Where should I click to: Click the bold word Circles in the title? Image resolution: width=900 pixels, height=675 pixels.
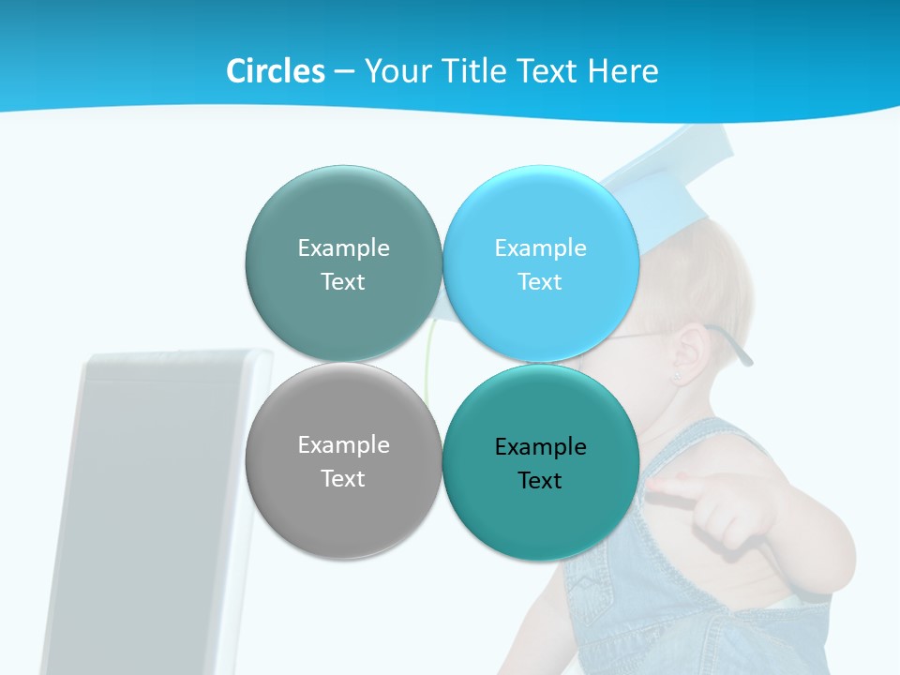[x=275, y=71]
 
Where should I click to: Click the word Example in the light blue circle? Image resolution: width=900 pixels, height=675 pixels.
[x=540, y=248]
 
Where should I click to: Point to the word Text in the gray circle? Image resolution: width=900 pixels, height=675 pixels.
[x=343, y=479]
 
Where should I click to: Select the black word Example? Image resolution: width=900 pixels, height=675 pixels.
[x=540, y=447]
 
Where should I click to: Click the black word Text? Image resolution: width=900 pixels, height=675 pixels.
[x=540, y=481]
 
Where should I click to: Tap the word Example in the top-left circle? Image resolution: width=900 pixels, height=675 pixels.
[x=343, y=248]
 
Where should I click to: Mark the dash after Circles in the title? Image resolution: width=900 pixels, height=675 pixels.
[x=344, y=72]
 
